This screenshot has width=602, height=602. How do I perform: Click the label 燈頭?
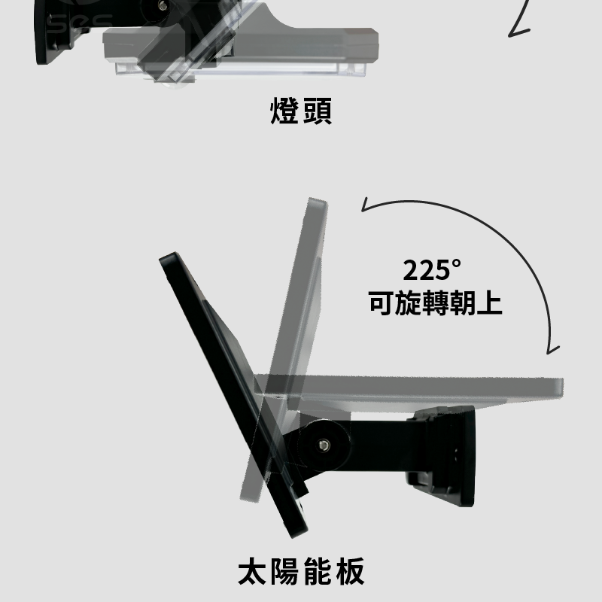click(301, 111)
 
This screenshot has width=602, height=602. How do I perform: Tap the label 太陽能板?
click(301, 572)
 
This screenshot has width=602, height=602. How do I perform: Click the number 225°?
click(431, 270)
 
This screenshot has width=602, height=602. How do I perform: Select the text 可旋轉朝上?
click(436, 303)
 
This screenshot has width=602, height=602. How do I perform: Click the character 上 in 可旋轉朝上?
click(490, 303)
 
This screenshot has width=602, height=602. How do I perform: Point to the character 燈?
click(284, 111)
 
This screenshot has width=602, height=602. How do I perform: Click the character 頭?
click(318, 111)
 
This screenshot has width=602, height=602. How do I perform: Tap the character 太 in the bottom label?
click(252, 572)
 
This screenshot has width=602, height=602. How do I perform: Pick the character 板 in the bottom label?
click(350, 572)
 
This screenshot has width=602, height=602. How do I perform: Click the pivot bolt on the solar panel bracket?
click(324, 445)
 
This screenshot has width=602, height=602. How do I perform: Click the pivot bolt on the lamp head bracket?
click(163, 5)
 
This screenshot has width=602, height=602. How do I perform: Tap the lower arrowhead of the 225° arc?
click(552, 349)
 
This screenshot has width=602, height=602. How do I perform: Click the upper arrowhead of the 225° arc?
click(366, 205)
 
